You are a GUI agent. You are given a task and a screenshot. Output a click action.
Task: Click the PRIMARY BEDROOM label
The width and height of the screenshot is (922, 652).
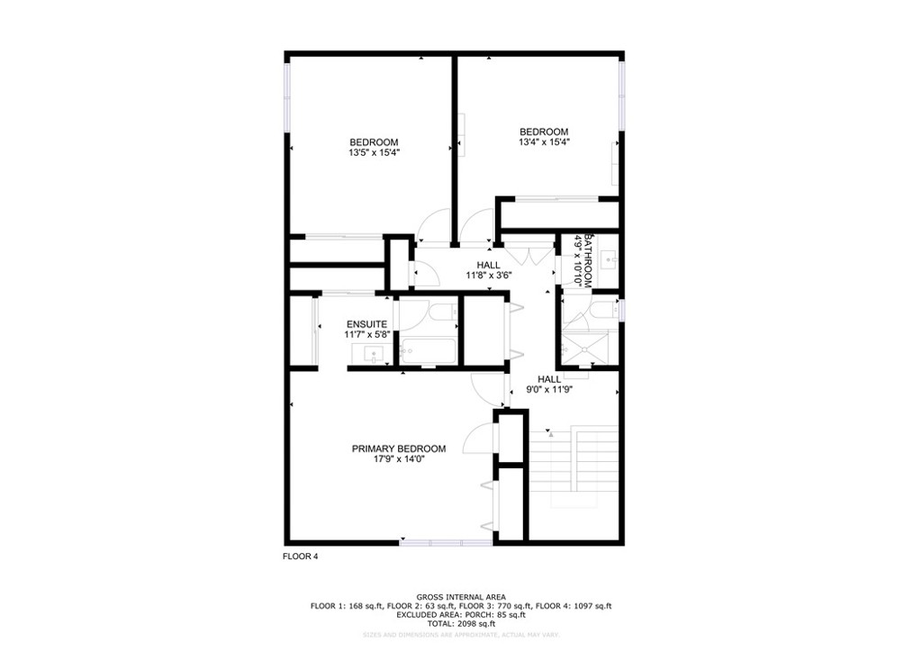398,448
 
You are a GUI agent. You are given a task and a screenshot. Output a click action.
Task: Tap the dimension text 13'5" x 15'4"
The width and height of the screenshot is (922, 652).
374,153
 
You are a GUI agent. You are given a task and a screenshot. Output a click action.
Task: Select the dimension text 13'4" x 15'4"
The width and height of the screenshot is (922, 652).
543,142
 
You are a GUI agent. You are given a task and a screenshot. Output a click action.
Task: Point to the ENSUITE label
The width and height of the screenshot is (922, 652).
366,324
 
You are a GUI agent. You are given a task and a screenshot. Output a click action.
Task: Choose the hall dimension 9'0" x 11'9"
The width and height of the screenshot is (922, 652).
549,390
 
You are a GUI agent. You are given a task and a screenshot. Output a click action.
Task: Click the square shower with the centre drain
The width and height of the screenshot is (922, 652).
589,347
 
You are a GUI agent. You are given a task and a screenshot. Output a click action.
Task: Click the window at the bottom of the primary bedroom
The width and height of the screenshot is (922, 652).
446,542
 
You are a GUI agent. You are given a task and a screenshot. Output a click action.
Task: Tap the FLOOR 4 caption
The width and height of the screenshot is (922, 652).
300,557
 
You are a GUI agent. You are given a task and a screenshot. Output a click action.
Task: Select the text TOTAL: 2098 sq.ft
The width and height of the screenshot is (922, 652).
460,623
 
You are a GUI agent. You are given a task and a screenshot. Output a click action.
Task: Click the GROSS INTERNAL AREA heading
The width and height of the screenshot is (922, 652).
460,597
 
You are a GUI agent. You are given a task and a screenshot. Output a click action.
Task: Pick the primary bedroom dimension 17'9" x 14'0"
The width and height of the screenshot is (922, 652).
398,459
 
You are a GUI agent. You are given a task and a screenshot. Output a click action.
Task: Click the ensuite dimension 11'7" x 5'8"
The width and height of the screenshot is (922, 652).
366,334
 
